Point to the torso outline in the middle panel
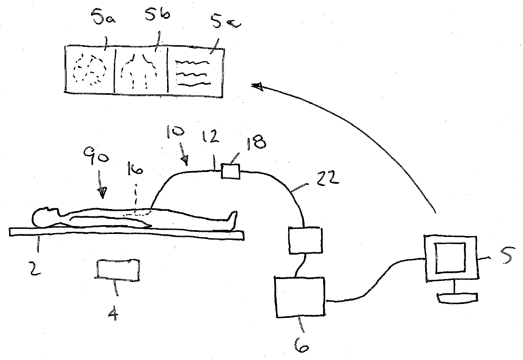(x=140, y=70)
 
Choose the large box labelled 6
(x=300, y=297)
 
